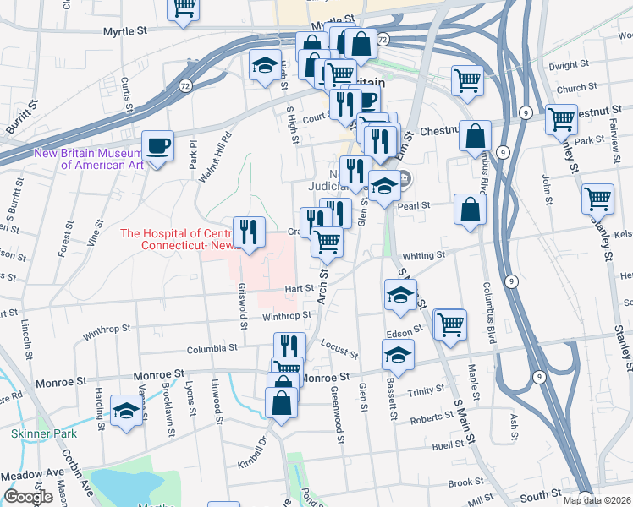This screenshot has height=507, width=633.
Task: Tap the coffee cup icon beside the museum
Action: point(158,146)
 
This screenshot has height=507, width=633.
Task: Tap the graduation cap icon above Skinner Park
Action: point(127,411)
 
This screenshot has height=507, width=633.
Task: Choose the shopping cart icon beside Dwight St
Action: point(467,81)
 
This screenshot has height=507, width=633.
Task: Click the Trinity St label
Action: point(427,390)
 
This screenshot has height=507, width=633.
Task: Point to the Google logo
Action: point(28,497)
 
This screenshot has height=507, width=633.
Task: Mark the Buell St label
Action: point(449,444)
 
